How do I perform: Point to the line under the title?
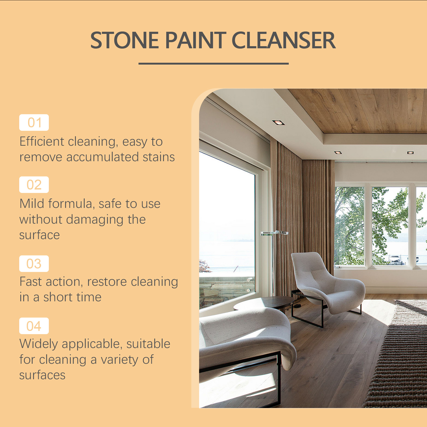click(x=213, y=64)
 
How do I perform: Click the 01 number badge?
click(x=34, y=122)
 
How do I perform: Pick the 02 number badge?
click(x=34, y=185)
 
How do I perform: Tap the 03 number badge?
click(x=34, y=264)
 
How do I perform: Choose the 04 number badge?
click(x=34, y=326)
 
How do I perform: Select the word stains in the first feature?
click(x=159, y=157)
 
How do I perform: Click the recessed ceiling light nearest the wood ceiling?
click(x=278, y=122)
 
